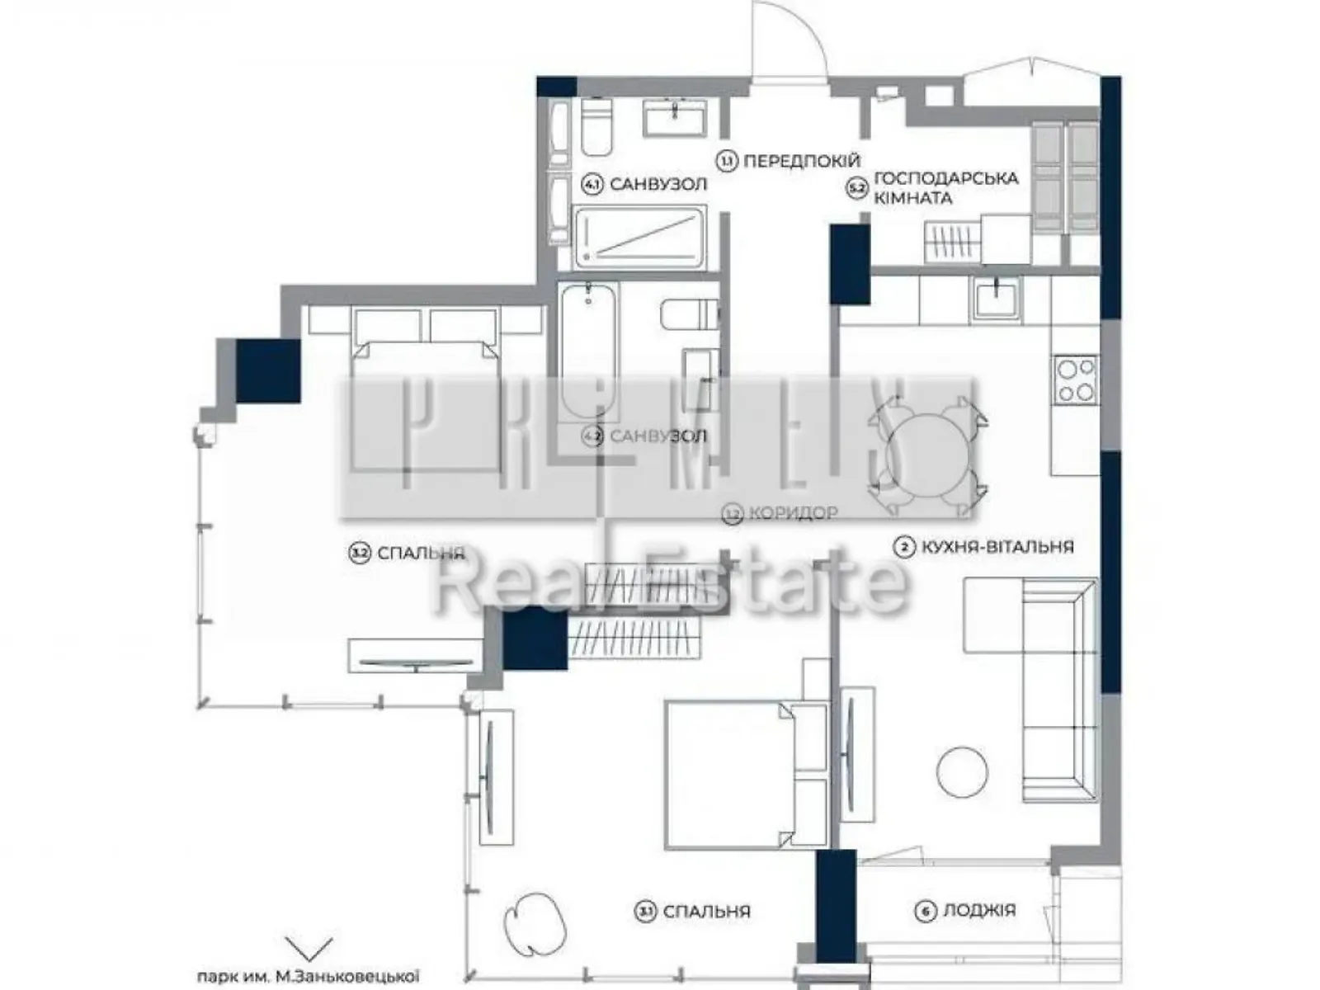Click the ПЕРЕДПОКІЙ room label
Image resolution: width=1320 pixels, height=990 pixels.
click(801, 161)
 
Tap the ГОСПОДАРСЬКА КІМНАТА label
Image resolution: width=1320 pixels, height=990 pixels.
click(945, 188)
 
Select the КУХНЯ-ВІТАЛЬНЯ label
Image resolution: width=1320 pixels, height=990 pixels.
click(997, 546)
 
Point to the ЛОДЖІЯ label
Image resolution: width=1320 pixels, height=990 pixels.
click(978, 910)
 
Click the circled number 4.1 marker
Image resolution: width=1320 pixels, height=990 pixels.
click(592, 184)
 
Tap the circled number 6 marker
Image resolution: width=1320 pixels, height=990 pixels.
click(926, 911)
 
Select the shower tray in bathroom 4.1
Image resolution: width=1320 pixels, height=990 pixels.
click(639, 238)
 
